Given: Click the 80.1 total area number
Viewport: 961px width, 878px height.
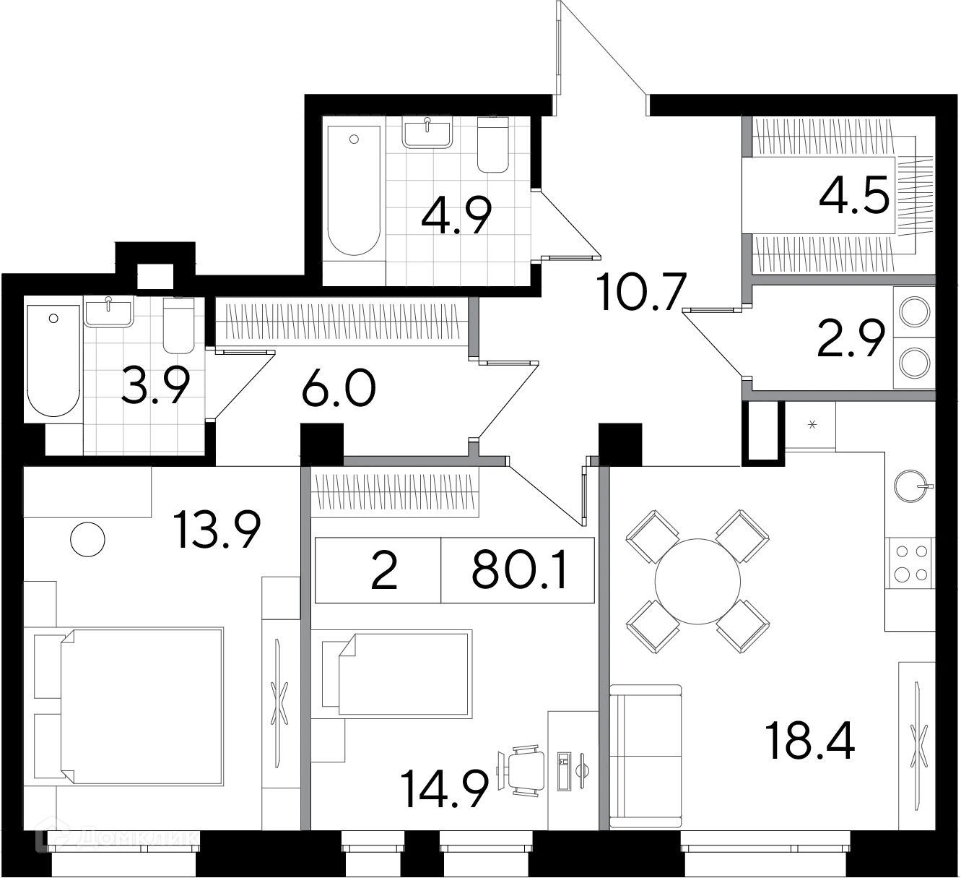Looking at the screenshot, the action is (519, 569).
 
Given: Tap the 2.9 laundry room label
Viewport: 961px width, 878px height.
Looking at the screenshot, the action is (851, 338).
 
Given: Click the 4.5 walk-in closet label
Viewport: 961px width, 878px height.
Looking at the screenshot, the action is (854, 194).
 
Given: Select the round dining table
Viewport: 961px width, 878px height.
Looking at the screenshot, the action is (697, 581).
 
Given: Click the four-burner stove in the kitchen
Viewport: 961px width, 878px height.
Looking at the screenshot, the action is (911, 563).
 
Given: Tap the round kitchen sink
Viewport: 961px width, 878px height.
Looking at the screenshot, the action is (910, 486).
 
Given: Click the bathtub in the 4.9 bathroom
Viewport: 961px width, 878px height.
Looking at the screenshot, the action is (354, 190).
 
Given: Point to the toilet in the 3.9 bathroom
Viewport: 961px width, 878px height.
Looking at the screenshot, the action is (178, 324).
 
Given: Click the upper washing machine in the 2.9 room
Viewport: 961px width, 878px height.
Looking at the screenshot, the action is (915, 312).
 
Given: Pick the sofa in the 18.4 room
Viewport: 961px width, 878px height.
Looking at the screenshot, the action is (645, 757).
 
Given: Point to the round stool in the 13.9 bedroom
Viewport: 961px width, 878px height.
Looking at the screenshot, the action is (87, 540).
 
